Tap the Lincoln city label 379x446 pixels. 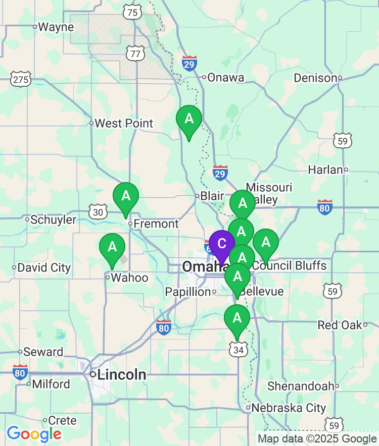pos(122,375)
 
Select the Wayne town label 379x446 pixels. pos(56,27)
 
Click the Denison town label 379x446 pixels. pos(315,78)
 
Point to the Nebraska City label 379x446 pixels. pos(289,408)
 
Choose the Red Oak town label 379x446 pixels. pos(340,325)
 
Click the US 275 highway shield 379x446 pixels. pos(21,79)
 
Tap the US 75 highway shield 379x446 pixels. pos(133,13)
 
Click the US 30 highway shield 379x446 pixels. pos(98,212)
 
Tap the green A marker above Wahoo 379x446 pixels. pos(112,247)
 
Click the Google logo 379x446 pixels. pos(34,434)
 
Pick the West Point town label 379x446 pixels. pos(124,123)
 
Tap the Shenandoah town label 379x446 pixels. pos(301,386)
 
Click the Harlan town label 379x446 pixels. pos(325,170)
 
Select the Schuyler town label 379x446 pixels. pos(53,219)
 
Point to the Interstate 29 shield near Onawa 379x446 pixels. pos(189,64)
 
